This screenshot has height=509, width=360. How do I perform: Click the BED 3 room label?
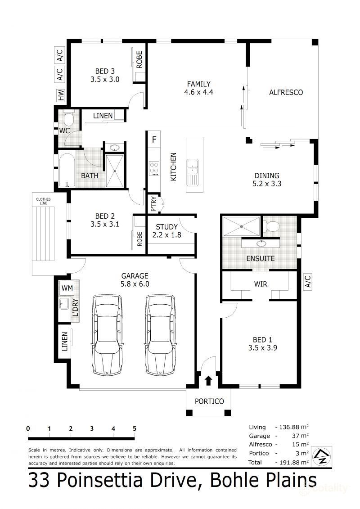click(104, 71)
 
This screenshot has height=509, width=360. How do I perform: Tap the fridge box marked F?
click(154, 140)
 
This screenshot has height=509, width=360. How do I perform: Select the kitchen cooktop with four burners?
click(154, 168)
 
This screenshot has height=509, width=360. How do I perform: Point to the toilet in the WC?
click(68, 119)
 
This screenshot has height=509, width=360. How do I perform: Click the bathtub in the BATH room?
click(67, 171)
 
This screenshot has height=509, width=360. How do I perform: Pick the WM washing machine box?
click(67, 288)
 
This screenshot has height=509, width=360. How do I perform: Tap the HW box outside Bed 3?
click(61, 95)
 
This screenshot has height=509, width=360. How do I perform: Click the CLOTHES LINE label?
click(43, 201)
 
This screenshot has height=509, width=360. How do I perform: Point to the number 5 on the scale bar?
click(135, 428)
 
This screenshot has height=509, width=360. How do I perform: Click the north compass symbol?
click(322, 456)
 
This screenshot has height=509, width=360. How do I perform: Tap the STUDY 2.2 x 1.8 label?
click(167, 231)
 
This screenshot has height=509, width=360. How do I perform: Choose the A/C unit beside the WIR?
click(307, 281)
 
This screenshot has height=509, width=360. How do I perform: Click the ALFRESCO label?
click(286, 93)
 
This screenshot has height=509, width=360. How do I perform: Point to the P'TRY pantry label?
click(154, 204)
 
